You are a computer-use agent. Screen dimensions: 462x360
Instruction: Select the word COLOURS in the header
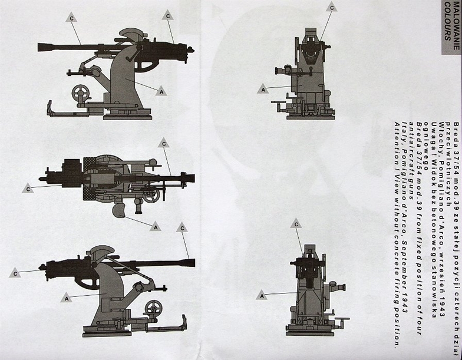pos(447,21)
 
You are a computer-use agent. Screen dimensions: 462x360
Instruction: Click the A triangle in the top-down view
pos(156,226)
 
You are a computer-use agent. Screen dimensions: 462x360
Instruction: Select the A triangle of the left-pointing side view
pos(161,91)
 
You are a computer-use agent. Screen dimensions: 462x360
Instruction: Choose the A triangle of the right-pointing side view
pos(67,298)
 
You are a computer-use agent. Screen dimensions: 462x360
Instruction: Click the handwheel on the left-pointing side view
pos(80,93)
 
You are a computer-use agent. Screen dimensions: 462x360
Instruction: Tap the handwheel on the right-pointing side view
pos(153,309)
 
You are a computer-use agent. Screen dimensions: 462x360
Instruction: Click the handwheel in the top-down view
pos(151,196)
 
